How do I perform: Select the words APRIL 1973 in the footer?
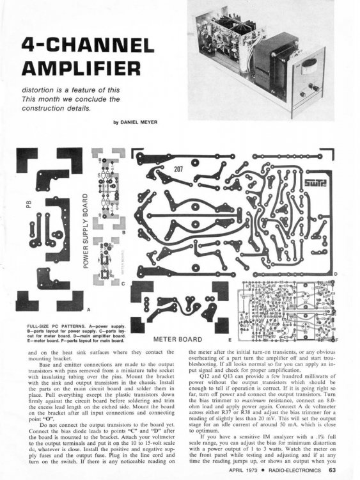pyautogui.click(x=246, y=472)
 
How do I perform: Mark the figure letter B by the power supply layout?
pyautogui.click(x=122, y=233)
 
